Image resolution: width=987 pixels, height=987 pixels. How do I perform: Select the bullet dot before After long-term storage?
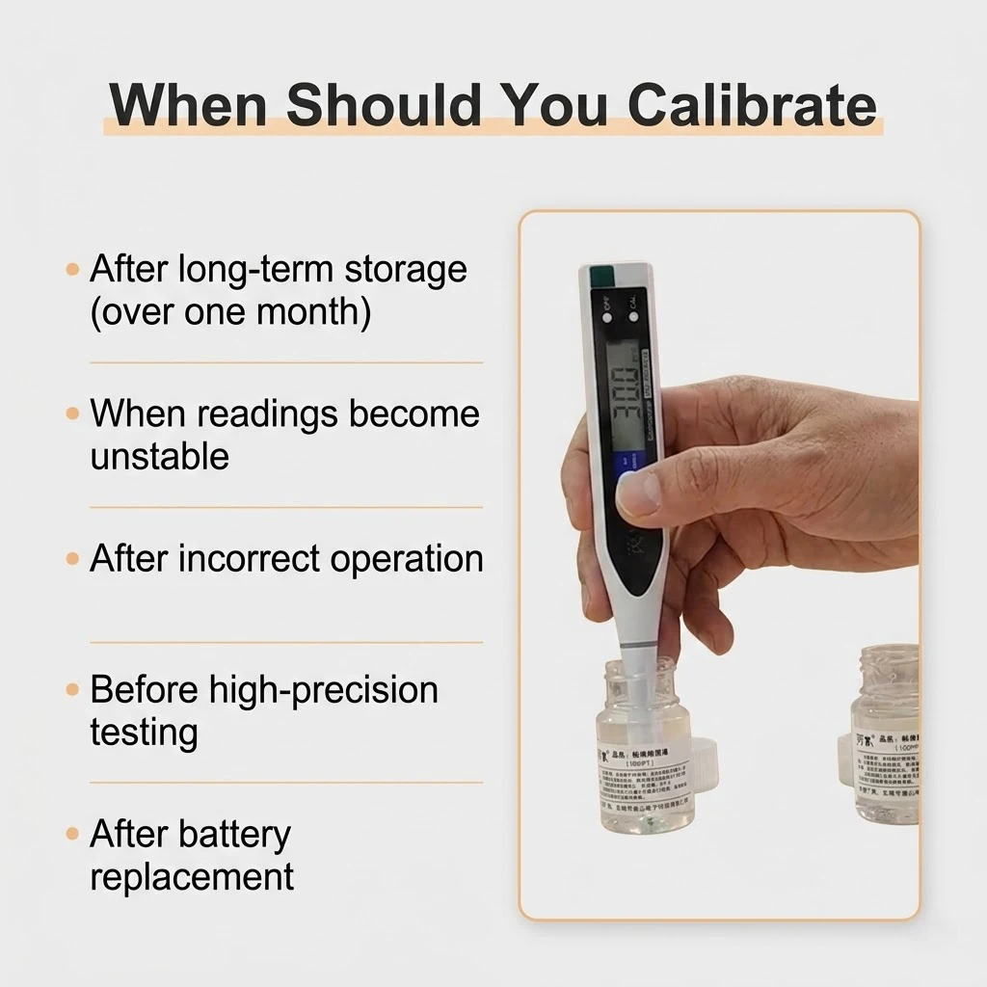tap(73, 270)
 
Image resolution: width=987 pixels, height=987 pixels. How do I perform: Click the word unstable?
tap(159, 456)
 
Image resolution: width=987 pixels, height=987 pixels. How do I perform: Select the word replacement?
tap(192, 877)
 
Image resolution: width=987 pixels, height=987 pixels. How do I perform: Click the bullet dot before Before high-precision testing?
tap(73, 690)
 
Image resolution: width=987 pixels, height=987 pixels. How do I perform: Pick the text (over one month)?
tap(229, 313)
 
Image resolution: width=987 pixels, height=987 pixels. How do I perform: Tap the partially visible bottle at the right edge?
tap(887, 742)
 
